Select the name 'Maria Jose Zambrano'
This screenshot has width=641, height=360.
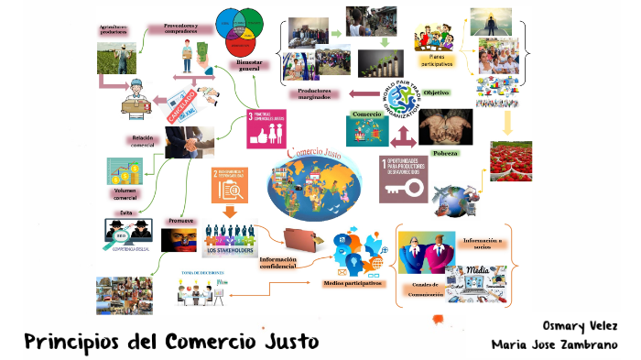(561, 345)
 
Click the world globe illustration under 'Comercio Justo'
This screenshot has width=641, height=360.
(315, 180)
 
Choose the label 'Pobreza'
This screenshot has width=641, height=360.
(445, 153)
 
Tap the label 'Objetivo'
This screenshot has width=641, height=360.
(436, 93)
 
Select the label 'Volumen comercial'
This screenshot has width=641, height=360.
(125, 194)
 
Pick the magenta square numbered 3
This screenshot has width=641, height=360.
(266, 128)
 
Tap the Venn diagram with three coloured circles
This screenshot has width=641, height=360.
(243, 29)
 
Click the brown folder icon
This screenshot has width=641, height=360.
(301, 239)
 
